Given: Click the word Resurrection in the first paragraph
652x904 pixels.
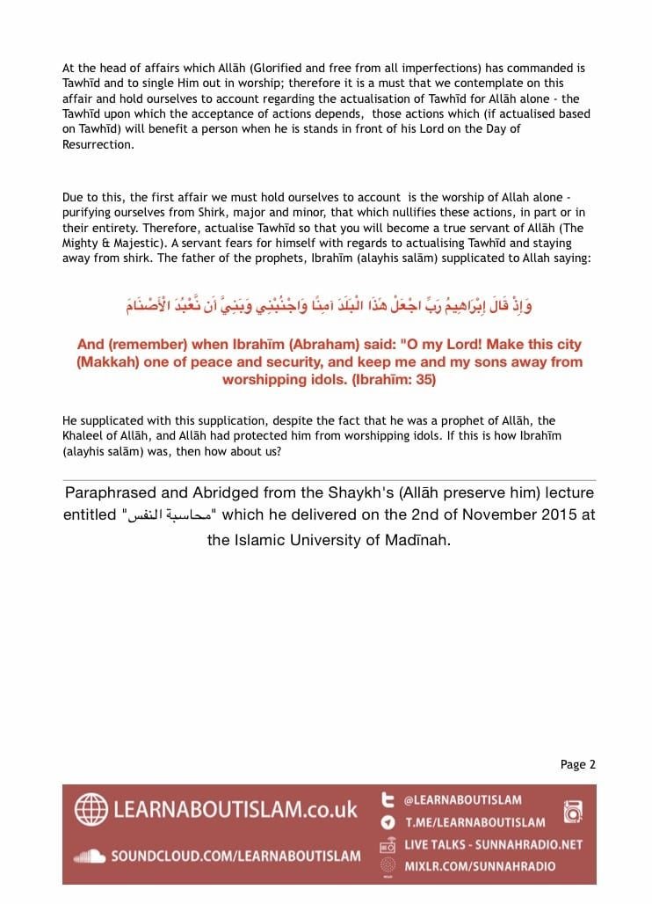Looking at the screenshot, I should tap(98, 144).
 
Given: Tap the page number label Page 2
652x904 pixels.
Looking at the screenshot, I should tap(577, 764).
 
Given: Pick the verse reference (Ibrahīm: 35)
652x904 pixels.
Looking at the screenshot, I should tap(383, 380).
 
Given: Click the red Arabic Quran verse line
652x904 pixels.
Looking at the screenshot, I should tap(329, 306).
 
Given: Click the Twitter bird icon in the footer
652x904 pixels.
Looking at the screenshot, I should tap(387, 800).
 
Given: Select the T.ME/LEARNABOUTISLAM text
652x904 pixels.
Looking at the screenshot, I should tap(474, 822).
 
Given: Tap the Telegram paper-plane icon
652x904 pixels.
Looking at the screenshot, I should tap(387, 822).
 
